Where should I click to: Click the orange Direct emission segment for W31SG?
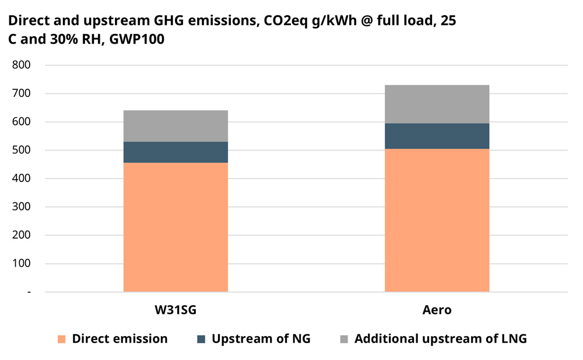[175, 227]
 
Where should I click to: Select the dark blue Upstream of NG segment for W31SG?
[175, 152]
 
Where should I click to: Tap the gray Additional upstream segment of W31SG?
[175, 126]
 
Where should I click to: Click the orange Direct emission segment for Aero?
[437, 220]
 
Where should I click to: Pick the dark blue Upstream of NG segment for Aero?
[437, 136]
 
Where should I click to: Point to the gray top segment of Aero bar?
[437, 104]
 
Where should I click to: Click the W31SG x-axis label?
[175, 310]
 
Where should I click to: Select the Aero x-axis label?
[437, 310]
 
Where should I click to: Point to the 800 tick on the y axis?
[22, 65]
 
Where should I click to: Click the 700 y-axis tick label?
[22, 93]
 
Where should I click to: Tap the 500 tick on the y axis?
[22, 150]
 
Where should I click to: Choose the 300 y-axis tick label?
[22, 207]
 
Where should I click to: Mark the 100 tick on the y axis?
[22, 263]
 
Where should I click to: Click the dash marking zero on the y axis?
[29, 292]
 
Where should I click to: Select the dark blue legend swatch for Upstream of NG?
[201, 339]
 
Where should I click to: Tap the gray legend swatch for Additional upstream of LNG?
[343, 339]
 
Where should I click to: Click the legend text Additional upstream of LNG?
[440, 339]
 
